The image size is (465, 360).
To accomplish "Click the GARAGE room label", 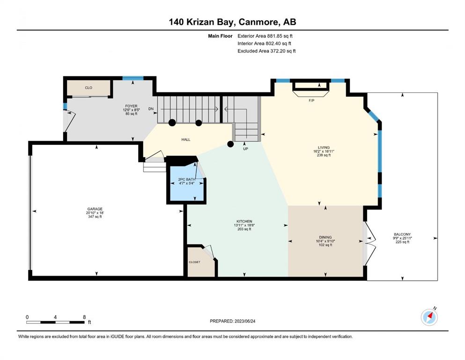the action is pos(95,209).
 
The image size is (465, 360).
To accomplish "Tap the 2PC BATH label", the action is pos(186,179).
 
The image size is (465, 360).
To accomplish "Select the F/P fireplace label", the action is pos(311,101).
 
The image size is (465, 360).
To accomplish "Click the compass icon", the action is pos(429,317).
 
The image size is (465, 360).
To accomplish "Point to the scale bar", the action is pos(56,322).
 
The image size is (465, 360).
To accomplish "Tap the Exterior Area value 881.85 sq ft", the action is pos(280,36).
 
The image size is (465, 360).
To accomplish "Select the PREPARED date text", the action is pos(232,321).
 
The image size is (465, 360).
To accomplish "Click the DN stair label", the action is pos(151,109).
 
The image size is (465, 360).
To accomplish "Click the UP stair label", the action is pos(245,149).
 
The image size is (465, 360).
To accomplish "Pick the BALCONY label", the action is pos(402,234).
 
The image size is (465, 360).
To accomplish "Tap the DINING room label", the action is pos(325,237).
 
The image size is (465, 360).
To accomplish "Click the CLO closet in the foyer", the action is pos(89,88).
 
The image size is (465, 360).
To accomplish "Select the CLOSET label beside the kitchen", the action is pos(194,262).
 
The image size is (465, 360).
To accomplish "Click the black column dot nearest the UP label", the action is pos(230,144).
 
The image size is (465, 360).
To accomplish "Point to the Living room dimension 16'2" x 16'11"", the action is pos(324,151).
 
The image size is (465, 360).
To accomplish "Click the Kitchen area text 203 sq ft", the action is pos(244,229).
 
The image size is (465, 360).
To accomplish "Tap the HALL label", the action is pos(186,140).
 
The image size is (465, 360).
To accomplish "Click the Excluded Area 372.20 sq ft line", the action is pos(266,51).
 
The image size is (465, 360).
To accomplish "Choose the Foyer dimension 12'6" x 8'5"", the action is pos(131,110).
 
